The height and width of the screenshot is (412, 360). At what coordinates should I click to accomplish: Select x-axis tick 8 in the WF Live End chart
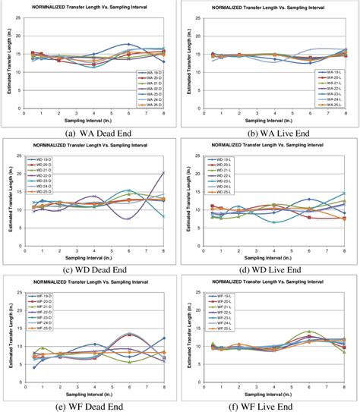(x=344, y=381)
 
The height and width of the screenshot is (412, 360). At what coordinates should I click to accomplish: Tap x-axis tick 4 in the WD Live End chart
(x=273, y=243)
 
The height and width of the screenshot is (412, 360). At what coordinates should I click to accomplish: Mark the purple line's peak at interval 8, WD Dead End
(x=163, y=172)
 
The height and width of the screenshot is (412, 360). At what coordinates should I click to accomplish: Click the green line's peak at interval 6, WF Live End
(x=309, y=332)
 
